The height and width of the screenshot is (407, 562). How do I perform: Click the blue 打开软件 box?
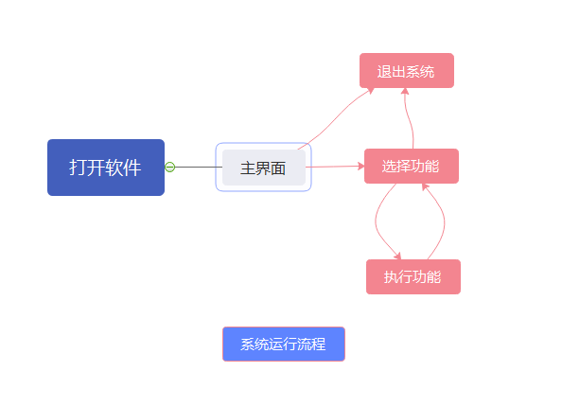(x=106, y=168)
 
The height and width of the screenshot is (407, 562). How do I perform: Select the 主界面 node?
(x=263, y=168)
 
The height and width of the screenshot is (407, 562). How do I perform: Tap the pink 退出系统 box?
(x=406, y=71)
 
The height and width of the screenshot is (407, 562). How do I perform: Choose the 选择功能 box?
(x=411, y=166)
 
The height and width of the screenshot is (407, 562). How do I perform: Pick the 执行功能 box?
(x=413, y=276)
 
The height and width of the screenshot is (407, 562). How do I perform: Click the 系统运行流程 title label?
(x=283, y=344)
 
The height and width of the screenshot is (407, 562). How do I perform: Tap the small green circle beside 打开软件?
(x=170, y=168)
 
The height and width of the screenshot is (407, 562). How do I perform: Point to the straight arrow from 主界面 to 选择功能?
(x=336, y=167)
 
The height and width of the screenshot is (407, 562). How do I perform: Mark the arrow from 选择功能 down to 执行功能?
(x=378, y=222)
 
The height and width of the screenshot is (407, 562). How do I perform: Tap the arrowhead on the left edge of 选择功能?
(x=360, y=167)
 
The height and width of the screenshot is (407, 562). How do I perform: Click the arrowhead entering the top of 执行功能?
(x=398, y=256)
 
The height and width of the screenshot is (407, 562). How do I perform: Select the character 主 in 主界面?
(x=248, y=168)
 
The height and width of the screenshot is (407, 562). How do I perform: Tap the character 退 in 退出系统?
(x=384, y=71)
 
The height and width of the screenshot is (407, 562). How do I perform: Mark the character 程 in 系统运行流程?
(x=319, y=344)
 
